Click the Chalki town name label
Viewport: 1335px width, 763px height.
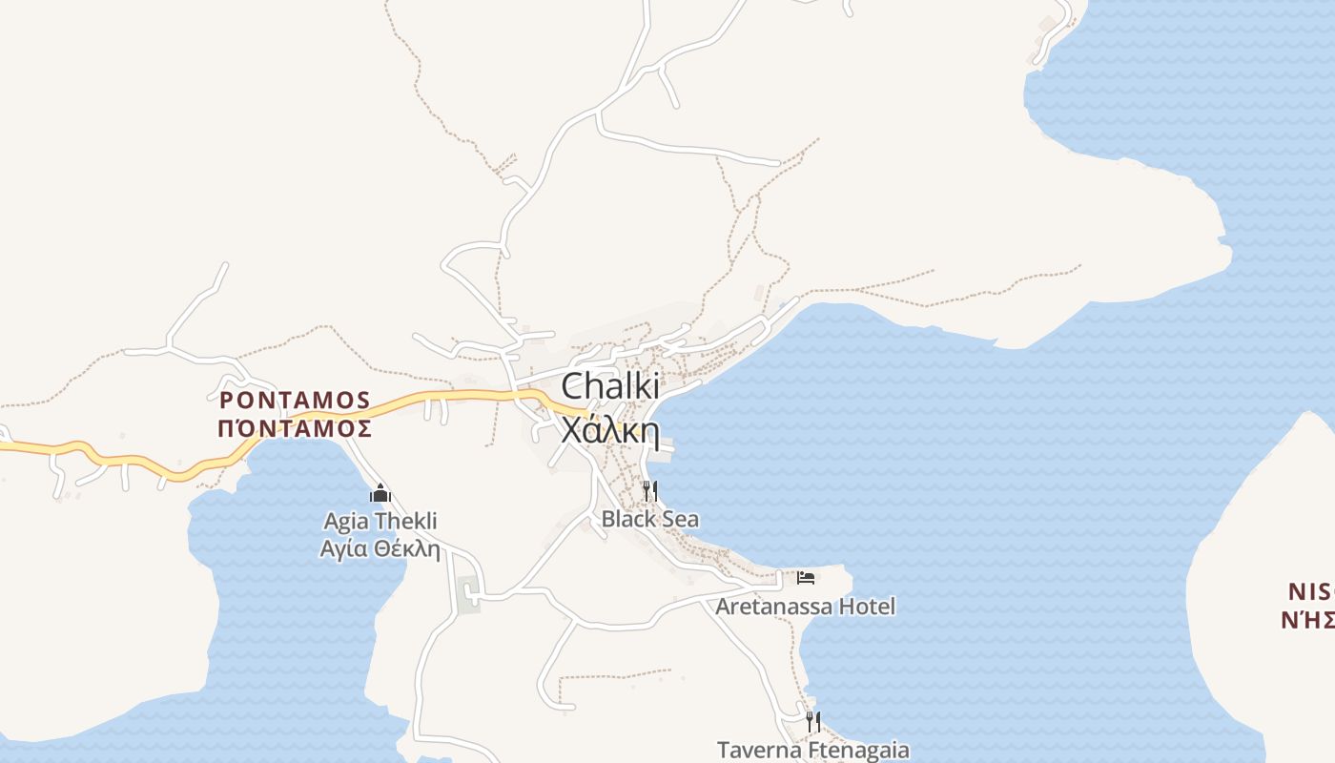pos(610,386)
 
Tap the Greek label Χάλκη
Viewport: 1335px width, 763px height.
pos(610,431)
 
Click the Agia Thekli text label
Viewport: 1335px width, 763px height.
pos(380,522)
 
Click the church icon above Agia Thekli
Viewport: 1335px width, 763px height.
pos(380,494)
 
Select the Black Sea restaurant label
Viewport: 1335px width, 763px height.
pos(649,519)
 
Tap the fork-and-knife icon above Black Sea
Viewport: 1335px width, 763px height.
pos(649,491)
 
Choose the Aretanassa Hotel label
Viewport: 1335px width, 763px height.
pos(806,607)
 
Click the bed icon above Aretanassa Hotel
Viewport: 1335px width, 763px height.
pos(806,578)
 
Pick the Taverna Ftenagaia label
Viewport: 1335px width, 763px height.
pos(813,750)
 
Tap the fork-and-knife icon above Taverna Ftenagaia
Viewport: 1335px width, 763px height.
pos(813,721)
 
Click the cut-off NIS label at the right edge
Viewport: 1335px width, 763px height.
pos(1310,590)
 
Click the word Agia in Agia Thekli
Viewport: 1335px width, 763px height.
pos(347,522)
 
